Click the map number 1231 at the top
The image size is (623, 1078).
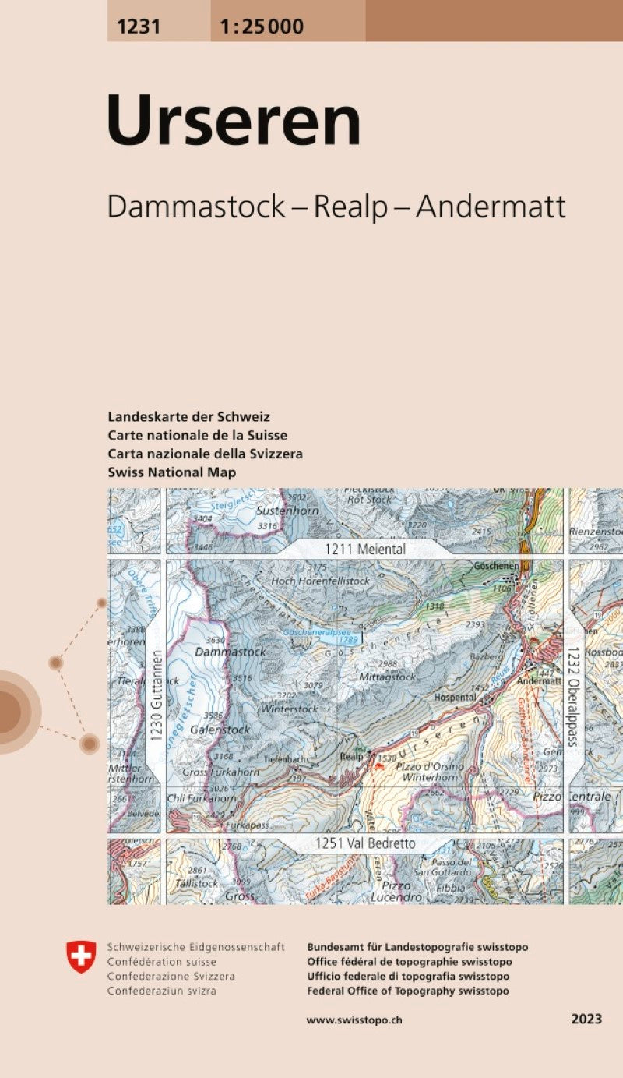139,27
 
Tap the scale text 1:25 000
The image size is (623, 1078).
262,27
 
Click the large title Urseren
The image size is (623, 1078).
234,121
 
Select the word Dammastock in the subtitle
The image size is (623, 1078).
196,207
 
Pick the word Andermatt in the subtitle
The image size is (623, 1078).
491,207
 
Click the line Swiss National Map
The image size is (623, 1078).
172,472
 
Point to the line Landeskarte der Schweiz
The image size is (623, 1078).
189,417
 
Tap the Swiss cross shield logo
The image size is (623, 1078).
81,956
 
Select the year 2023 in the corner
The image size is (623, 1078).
586,1020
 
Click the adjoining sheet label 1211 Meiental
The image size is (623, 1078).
365,550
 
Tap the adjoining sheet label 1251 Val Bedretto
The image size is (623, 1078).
366,843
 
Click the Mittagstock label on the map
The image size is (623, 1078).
388,677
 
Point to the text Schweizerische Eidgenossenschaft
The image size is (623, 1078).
196,947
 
